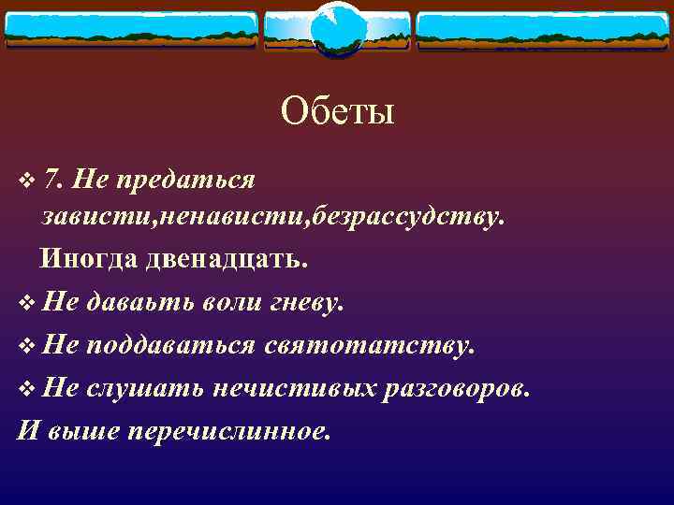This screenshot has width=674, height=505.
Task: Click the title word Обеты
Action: (337, 113)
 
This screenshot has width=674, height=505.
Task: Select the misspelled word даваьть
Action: (139, 302)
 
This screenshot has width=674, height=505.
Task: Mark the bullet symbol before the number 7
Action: (25, 177)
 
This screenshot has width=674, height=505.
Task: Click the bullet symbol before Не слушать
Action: (25, 388)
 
